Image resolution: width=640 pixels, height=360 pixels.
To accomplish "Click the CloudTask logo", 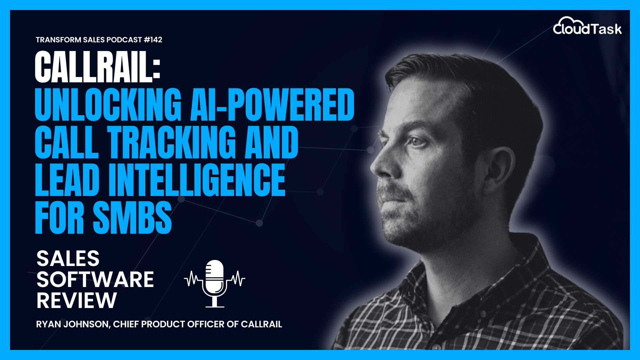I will [x=587, y=27].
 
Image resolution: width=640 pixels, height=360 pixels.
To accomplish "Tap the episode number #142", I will [x=153, y=40].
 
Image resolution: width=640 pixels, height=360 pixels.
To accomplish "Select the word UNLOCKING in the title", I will [x=108, y=105].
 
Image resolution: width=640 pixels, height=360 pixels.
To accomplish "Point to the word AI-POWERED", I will [x=272, y=105].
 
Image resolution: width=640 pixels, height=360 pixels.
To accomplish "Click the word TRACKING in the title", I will [x=171, y=142].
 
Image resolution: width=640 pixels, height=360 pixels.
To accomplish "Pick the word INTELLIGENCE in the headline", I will [x=197, y=180].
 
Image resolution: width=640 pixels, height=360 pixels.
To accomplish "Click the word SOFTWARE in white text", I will [x=95, y=279].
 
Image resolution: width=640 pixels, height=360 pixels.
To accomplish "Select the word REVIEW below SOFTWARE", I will [x=77, y=300].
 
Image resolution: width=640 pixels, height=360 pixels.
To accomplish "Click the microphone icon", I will [x=215, y=283].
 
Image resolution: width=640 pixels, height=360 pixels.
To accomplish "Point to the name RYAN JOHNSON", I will [x=72, y=324].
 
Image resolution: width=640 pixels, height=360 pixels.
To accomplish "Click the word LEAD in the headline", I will [x=67, y=180].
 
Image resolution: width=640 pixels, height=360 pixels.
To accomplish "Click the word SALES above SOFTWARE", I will [x=68, y=258].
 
